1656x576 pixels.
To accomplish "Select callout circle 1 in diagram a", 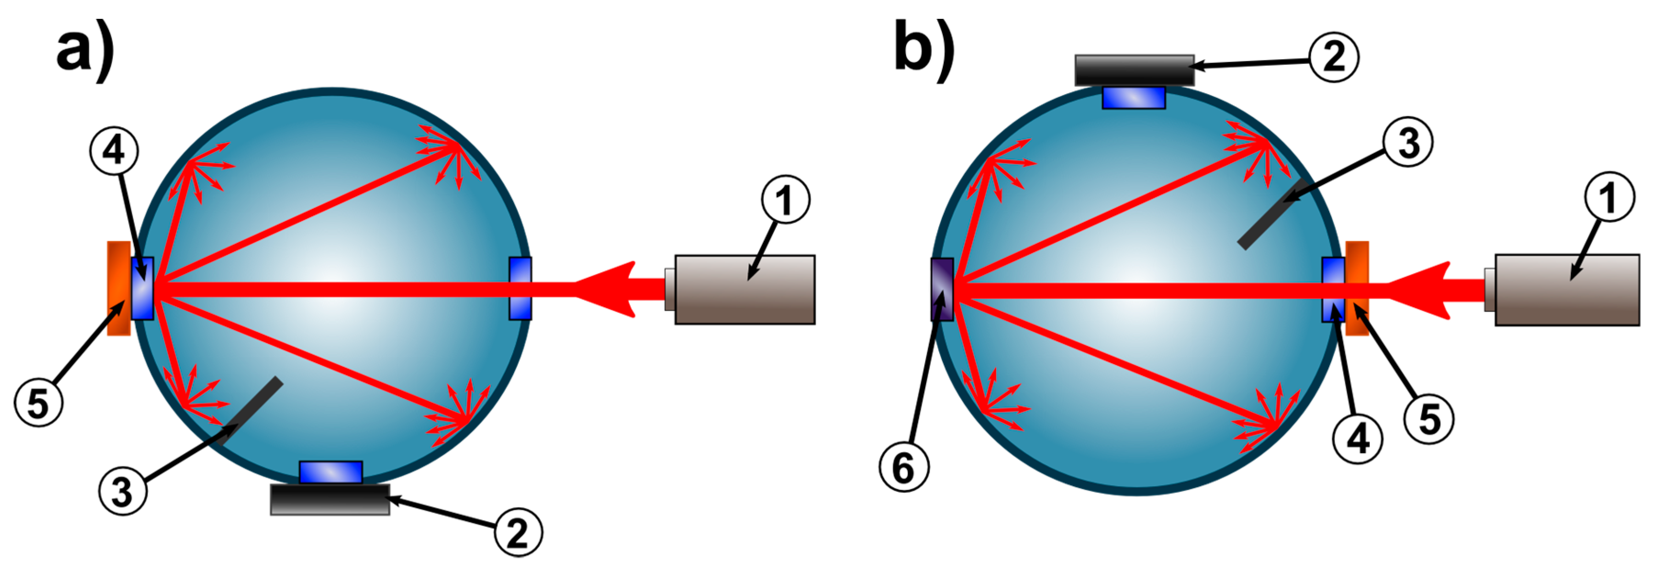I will pos(786,200).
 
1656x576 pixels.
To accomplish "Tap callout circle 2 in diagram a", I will pos(518,532).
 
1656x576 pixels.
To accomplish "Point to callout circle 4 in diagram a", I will pos(114,151).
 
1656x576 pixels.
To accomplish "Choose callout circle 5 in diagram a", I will pos(38,403).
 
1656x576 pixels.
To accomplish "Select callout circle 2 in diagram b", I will pos(1335,57).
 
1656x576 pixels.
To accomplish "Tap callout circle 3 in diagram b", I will pos(1408,142).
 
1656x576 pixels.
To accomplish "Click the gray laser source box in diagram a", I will pos(744,289).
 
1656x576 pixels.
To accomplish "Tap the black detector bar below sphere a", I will pos(330,499).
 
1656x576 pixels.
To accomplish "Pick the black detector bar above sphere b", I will pos(1135,70).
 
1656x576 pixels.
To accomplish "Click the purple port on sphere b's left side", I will pos(942,289).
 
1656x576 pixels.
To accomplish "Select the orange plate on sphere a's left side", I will pos(119,288).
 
